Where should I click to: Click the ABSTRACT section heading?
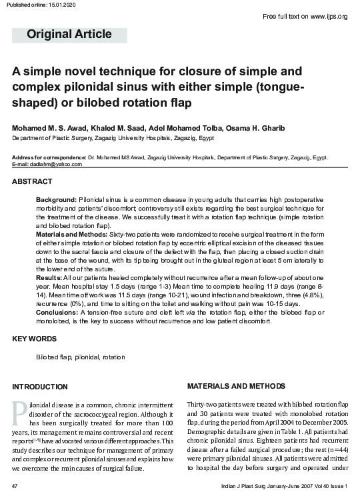(x=33, y=181)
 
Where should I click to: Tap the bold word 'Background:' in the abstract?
(x=56, y=200)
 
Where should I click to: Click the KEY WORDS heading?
(x=35, y=339)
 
